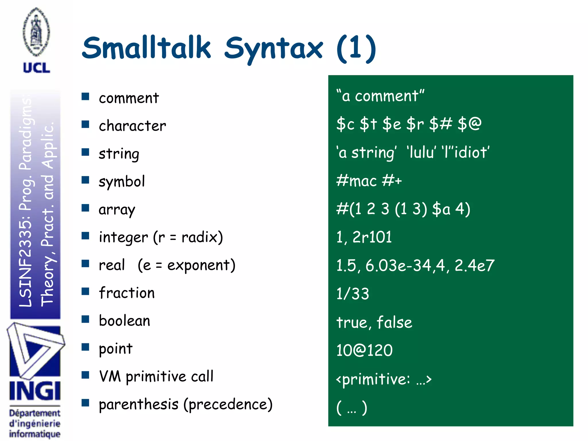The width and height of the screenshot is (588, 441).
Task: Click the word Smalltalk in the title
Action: pyautogui.click(x=146, y=48)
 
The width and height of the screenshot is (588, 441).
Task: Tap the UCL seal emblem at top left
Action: pyautogui.click(x=36, y=32)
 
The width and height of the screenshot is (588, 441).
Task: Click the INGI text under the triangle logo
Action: pyautogui.click(x=35, y=391)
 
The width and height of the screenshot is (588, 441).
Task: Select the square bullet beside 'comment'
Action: pyautogui.click(x=85, y=96)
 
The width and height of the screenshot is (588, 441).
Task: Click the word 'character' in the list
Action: pyautogui.click(x=132, y=126)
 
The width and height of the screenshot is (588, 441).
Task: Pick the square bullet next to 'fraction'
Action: pyautogui.click(x=85, y=291)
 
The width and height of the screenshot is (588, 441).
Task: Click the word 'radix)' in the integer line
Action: pyautogui.click(x=202, y=237)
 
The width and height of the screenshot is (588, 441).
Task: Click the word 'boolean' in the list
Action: pyautogui.click(x=124, y=321)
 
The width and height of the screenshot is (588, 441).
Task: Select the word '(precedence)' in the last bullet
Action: pyautogui.click(x=228, y=405)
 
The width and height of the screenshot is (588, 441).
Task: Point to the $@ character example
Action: pyautogui.click(x=469, y=124)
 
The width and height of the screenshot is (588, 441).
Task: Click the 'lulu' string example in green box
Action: pyautogui.click(x=421, y=152)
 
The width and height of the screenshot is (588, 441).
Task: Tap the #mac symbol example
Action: pyautogui.click(x=356, y=181)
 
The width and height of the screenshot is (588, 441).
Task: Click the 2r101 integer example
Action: pyautogui.click(x=372, y=237)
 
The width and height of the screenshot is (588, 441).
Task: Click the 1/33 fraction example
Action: pyautogui.click(x=353, y=294)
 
